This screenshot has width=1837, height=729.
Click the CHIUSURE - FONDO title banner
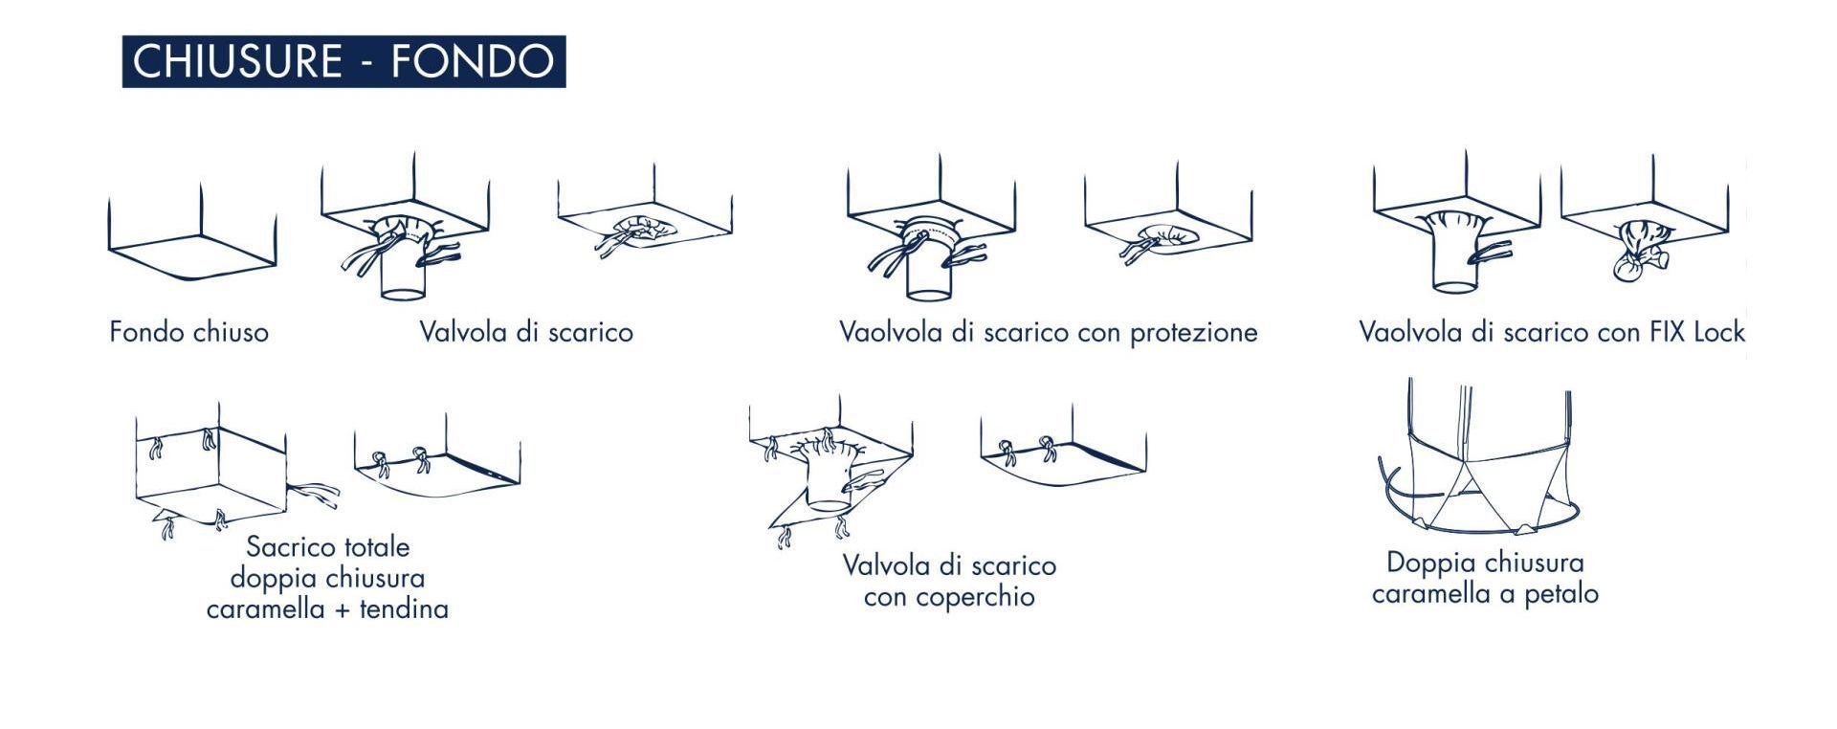coord(343,61)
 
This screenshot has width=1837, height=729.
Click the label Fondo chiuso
coord(188,332)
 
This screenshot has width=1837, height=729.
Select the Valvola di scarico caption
coord(526,332)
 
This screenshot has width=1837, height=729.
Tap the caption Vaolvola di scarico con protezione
coord(1048,332)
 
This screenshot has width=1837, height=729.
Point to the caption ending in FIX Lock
coord(1552,332)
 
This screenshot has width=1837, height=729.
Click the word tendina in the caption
coord(404,608)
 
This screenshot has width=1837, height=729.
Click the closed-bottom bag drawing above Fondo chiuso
coord(191,234)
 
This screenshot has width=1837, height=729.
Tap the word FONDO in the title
coord(473,61)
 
